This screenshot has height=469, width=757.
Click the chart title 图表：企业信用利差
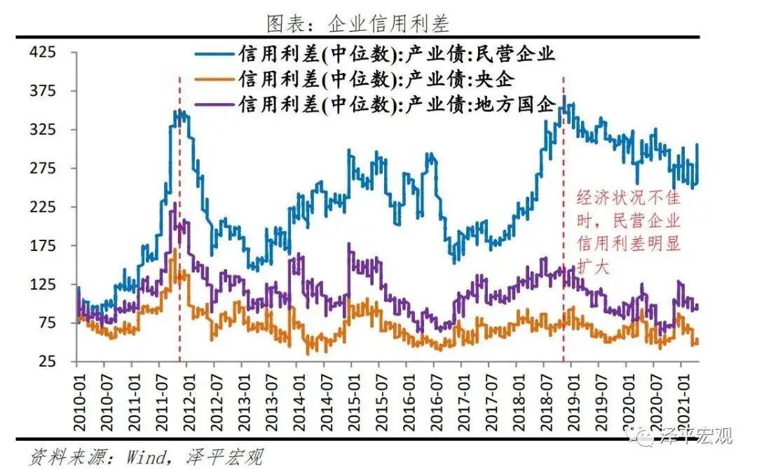pos(357,23)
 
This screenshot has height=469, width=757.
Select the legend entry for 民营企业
pos(397,54)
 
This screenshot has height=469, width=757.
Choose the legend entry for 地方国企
pos(397,104)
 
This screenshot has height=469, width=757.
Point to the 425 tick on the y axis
pos(44,53)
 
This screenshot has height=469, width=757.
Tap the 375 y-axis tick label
pos(44,91)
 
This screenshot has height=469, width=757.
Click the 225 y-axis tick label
pos(44,208)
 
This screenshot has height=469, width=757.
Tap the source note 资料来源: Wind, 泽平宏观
pos(146,458)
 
